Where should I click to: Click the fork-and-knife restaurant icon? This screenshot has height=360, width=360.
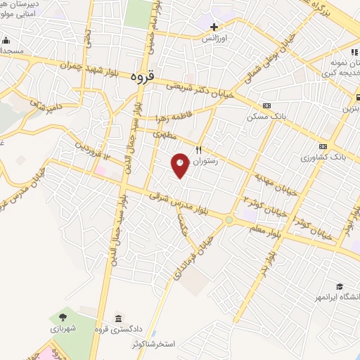click(x=199, y=149)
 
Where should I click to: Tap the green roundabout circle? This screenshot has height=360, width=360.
click(x=229, y=220)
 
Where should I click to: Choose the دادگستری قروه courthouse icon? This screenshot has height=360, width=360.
click(x=117, y=317)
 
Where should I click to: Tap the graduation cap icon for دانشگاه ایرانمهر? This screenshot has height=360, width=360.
click(x=340, y=286)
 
